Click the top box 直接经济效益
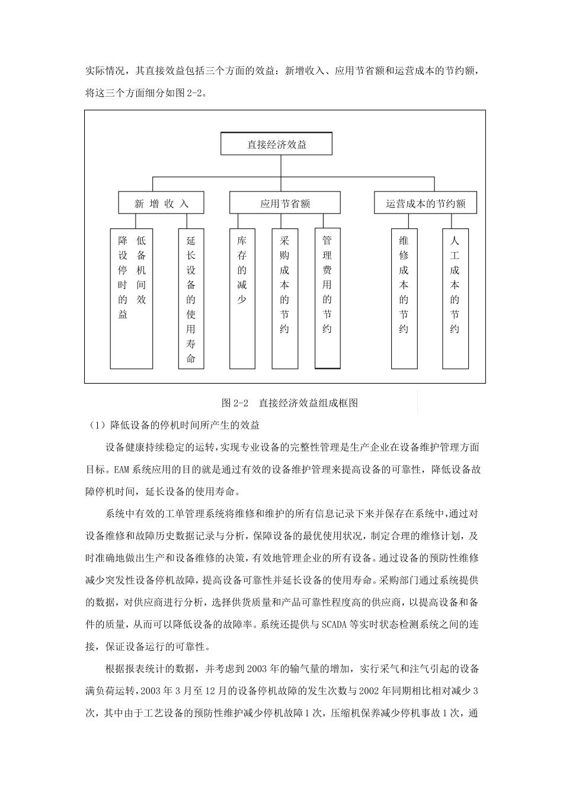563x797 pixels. (x=276, y=144)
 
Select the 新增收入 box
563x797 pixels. (x=161, y=203)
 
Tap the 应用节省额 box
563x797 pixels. (x=284, y=203)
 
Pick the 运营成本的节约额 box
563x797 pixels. (x=426, y=203)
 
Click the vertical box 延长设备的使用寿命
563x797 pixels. (x=191, y=299)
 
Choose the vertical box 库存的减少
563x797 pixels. (x=242, y=299)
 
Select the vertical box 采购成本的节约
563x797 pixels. (x=284, y=299)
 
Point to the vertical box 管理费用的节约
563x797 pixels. (x=327, y=299)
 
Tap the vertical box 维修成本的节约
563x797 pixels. (x=404, y=299)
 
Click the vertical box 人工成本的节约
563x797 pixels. (x=455, y=299)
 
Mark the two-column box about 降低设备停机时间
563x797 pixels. (x=132, y=299)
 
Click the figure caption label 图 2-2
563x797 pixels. (x=233, y=403)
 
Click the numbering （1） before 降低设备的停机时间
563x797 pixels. (x=95, y=425)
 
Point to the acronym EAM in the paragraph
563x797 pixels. (x=120, y=470)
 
